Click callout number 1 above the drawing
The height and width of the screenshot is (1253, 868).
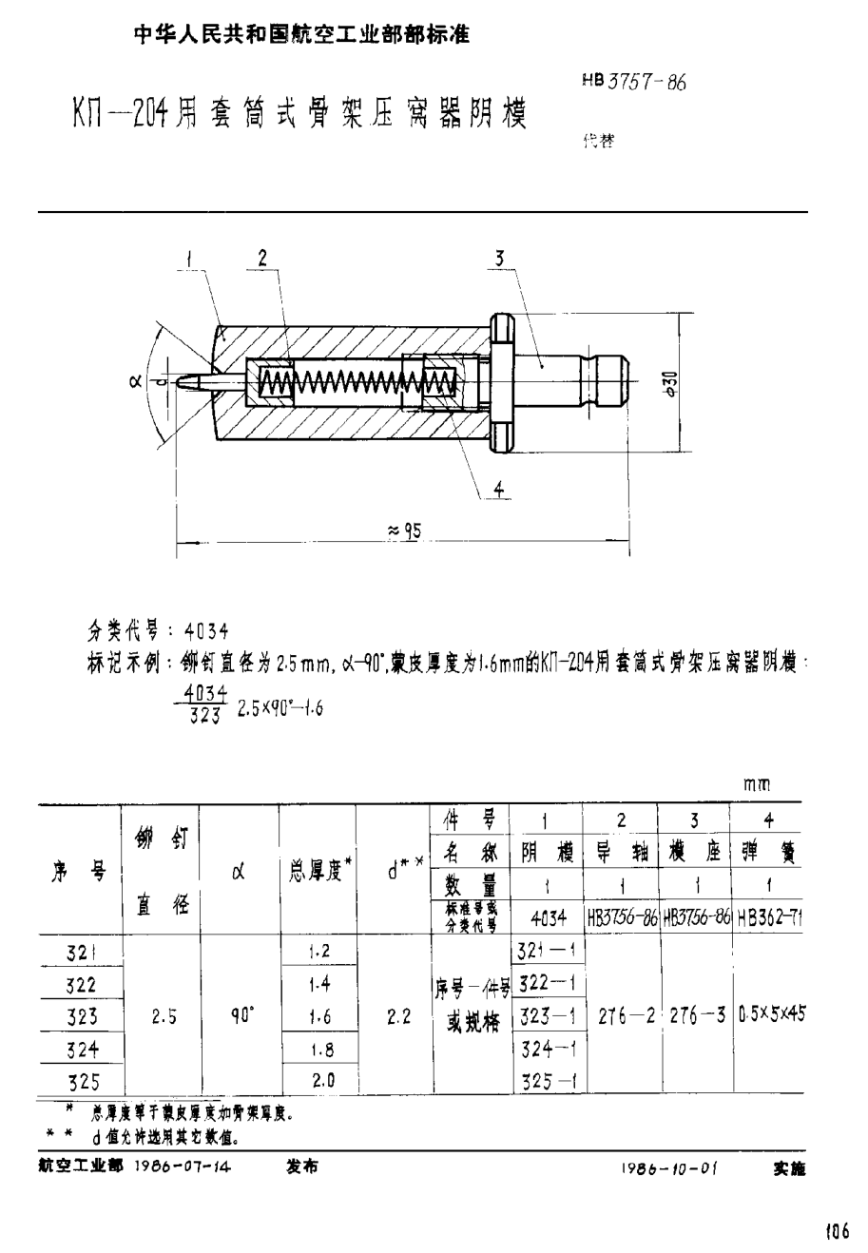(190, 256)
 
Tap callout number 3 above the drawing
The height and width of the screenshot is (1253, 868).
(499, 256)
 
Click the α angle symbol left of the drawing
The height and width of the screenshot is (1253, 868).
(133, 382)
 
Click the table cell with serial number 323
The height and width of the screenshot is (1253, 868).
(82, 1016)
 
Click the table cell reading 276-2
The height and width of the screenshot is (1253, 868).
(622, 1015)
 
